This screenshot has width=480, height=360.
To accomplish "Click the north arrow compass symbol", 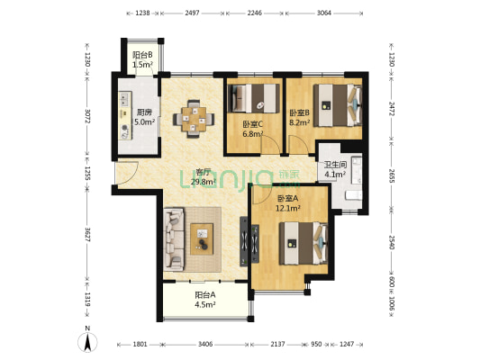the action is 87,341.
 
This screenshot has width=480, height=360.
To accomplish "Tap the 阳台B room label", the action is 142,55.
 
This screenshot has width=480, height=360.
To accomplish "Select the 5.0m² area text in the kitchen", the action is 144,121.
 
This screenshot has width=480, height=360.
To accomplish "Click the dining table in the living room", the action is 194,119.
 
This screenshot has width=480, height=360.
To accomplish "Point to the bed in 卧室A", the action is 303,243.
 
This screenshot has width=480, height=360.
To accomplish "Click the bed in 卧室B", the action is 338,105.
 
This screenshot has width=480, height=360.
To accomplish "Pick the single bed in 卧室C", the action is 254,98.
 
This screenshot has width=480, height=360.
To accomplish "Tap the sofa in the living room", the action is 174,239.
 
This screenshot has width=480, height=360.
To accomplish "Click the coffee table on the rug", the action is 202,239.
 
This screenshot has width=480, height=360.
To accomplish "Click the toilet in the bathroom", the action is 354,195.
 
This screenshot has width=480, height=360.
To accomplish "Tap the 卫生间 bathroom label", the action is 335,165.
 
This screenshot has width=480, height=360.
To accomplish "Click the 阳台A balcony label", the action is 205,295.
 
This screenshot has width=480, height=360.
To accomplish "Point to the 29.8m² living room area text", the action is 204,182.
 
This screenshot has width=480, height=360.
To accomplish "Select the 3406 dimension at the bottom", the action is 205,345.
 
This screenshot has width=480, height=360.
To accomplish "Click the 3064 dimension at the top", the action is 323,13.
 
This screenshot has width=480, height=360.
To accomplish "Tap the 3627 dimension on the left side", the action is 87,234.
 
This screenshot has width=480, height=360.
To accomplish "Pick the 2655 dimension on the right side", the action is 392,175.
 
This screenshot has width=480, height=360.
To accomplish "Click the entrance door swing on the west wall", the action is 127,172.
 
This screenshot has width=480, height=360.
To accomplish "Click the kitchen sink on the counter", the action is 124,97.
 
